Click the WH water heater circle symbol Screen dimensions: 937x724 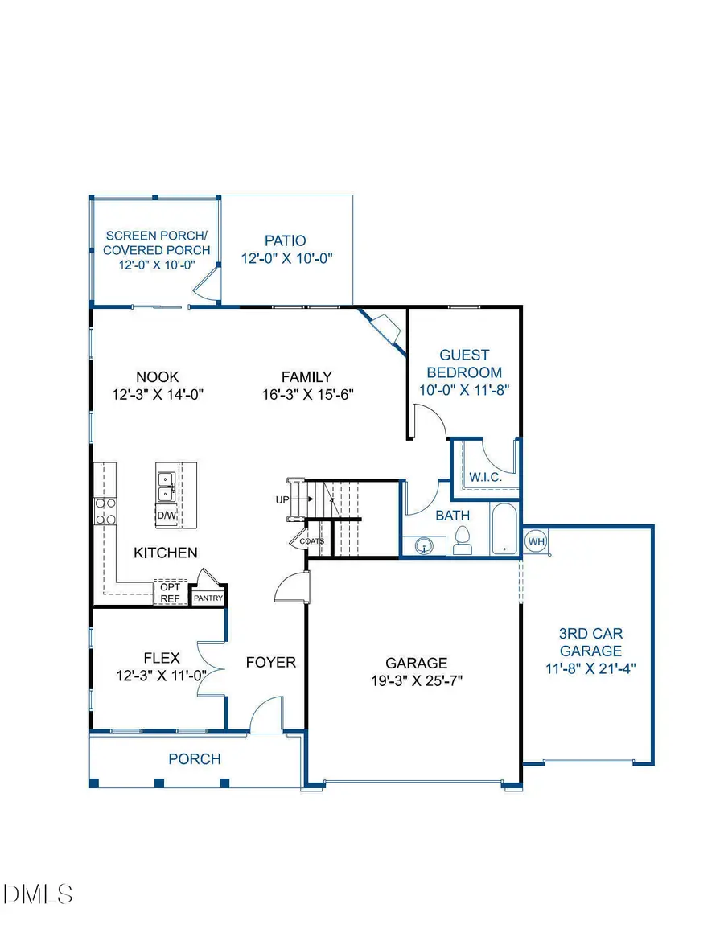[x=537, y=541]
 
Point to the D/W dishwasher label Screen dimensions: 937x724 [x=167, y=515]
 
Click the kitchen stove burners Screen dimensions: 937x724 [x=106, y=511]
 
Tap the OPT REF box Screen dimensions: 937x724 [x=170, y=593]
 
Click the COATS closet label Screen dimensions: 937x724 [x=312, y=541]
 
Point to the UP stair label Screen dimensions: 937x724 [x=282, y=499]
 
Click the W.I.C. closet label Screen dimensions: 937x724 [x=485, y=477]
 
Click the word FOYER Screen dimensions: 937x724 [x=271, y=663]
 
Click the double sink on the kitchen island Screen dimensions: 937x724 [x=167, y=485]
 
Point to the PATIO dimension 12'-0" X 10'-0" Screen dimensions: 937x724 [x=287, y=258]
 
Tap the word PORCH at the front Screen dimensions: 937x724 [x=194, y=758]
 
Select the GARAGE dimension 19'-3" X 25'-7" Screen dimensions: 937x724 [x=416, y=680]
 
